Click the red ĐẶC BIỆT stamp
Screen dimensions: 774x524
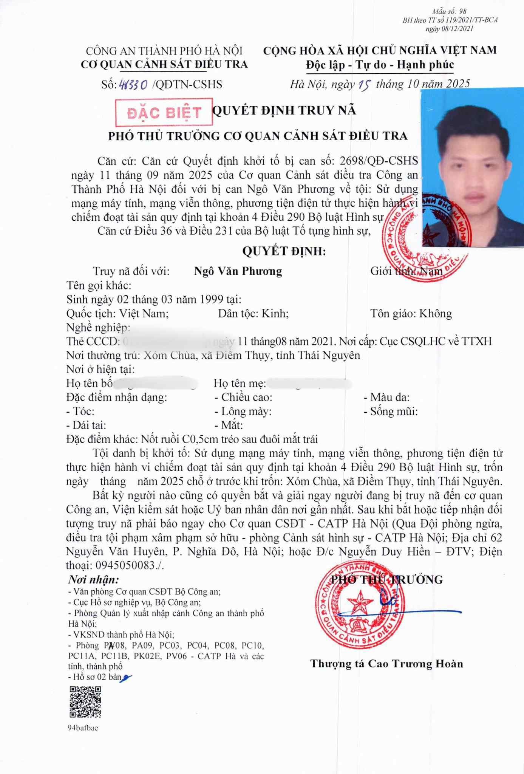[164, 112]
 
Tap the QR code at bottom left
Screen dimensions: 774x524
[85, 702]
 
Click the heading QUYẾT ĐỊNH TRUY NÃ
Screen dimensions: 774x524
[284, 110]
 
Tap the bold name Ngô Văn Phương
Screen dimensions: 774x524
[238, 271]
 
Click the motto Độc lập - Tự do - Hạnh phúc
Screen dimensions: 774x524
[380, 65]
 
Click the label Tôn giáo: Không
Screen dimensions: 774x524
[411, 313]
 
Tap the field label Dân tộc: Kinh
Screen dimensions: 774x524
[253, 313]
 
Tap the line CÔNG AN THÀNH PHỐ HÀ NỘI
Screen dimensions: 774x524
[164, 51]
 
